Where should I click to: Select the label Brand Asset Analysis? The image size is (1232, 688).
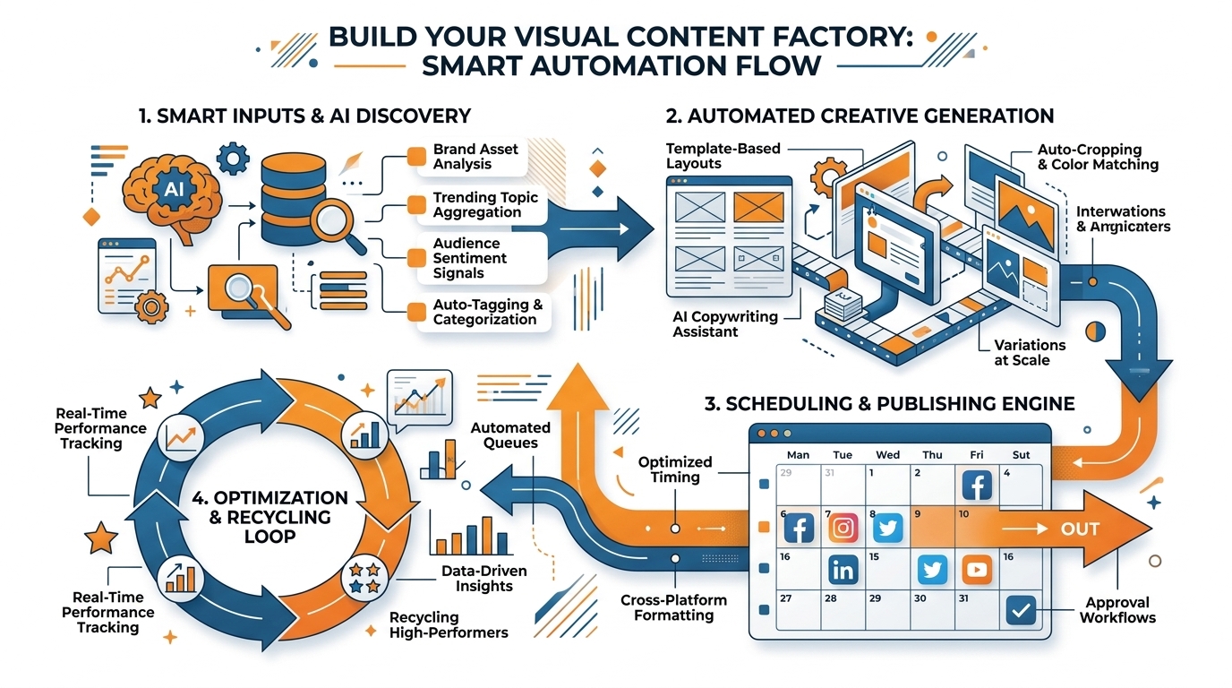coord(475,157)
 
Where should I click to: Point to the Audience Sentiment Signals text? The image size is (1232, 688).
coord(469,258)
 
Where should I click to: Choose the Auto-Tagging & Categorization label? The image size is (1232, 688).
coord(487,312)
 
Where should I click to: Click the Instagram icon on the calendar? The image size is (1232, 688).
coord(843,528)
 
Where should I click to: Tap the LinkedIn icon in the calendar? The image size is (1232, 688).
coord(843,570)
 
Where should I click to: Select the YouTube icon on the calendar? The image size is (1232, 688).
coord(977,570)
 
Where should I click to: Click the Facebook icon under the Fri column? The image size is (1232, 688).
coord(977,486)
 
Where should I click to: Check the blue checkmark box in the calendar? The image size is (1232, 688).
coord(1020,610)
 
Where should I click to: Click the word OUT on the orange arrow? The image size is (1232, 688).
coord(1080,529)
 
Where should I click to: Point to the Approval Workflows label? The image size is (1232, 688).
coord(1117,610)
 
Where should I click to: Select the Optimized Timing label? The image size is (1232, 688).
coord(675,469)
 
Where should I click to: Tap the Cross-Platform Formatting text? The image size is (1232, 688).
coord(673,607)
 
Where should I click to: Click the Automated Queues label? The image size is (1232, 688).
coord(510,435)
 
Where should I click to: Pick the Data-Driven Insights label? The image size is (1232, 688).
coord(484,579)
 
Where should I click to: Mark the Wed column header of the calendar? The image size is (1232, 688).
coord(887,454)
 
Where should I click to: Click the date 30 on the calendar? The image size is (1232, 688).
coord(921,598)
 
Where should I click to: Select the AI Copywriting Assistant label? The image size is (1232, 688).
coord(725,324)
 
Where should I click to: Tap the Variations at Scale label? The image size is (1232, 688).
coord(1030,352)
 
